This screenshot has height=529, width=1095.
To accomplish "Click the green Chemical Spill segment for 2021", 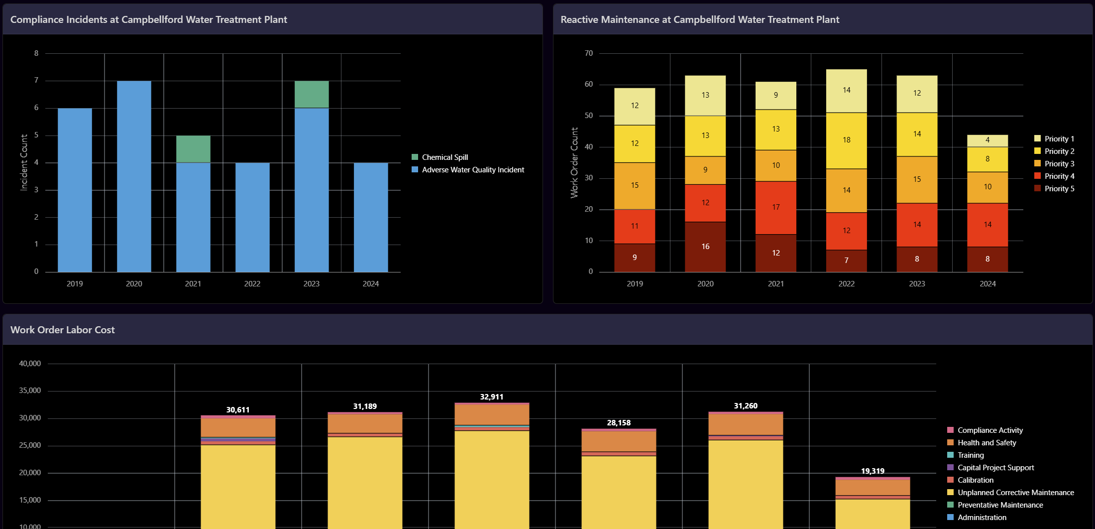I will point(193,149).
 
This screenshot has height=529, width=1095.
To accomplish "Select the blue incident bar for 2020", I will point(134,176).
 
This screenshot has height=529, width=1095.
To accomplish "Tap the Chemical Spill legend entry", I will point(444,157).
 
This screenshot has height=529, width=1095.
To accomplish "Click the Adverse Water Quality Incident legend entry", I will point(472,170).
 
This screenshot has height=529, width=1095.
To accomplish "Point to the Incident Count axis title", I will point(24,162).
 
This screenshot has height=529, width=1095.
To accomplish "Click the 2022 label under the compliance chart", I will point(252,284).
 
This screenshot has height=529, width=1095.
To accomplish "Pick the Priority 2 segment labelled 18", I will point(846,140).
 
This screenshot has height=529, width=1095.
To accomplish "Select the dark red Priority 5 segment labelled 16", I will point(705,247).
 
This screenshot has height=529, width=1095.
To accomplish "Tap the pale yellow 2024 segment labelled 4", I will point(987,140).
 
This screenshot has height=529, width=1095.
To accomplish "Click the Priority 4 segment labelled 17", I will point(776,207).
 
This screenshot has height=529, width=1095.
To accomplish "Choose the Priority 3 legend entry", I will point(1059,164).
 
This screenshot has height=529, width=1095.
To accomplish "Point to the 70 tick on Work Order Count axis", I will point(589,53).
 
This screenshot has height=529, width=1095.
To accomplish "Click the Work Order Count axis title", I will point(574,162).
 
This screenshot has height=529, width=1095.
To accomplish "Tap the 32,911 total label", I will point(491,397).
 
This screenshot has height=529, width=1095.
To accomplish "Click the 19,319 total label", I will point(873,471).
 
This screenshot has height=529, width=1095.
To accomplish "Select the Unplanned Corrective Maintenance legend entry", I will point(1015,493).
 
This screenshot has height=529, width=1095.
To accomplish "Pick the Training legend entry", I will point(970,455).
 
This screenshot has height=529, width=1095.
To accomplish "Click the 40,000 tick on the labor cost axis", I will point(30,364).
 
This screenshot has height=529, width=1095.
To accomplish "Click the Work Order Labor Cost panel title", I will point(63,330).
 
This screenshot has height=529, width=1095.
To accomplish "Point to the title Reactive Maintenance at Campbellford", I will point(699,19).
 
